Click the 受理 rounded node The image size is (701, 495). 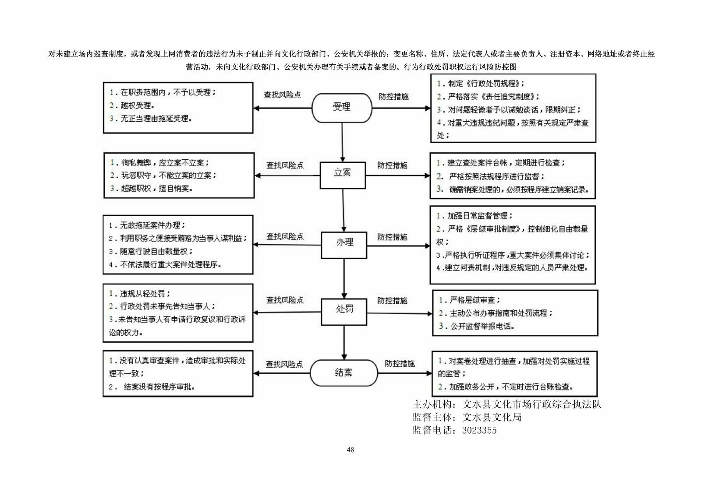click(342, 107)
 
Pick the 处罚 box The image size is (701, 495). click(344, 312)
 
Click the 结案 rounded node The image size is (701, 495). click(343, 373)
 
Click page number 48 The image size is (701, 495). click(350, 450)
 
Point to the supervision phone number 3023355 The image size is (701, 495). click(479, 430)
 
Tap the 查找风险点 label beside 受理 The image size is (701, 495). click(282, 95)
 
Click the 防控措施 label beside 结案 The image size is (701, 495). click(400, 364)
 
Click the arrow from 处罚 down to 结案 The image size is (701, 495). click(344, 342)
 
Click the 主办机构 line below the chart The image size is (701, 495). click(506, 404)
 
